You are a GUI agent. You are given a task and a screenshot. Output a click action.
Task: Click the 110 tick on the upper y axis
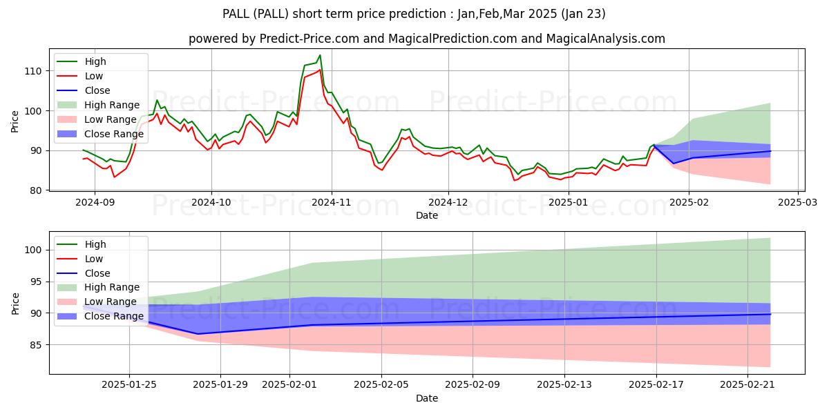tap(35, 71)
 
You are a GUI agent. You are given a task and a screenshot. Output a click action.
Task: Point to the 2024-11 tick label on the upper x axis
tap(331, 202)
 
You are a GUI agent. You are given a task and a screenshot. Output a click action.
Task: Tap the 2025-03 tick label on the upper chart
tap(798, 202)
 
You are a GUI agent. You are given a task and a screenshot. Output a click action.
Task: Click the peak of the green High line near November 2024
tap(320, 55)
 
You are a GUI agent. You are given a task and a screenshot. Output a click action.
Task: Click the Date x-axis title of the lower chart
tap(426, 398)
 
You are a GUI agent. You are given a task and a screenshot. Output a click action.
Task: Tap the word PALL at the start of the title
tap(237, 14)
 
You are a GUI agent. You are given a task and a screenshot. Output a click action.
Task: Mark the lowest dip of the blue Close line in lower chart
tap(198, 334)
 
